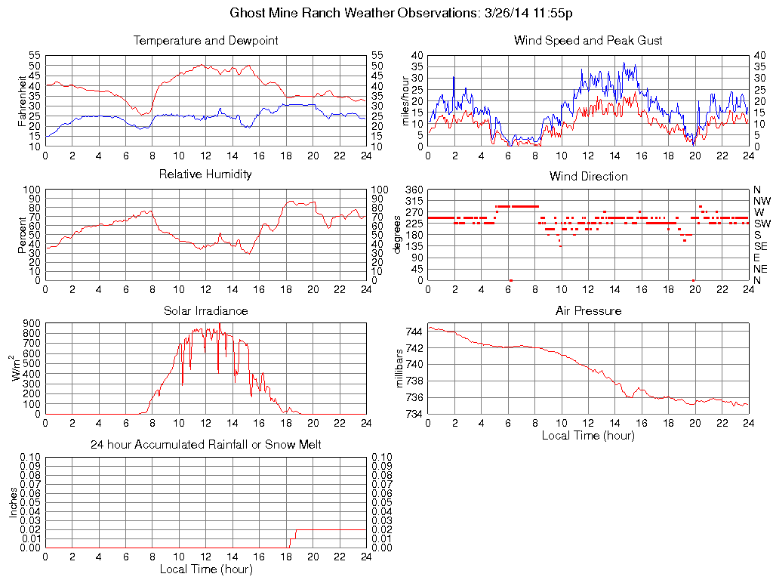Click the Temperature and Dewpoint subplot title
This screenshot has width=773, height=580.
coord(205,40)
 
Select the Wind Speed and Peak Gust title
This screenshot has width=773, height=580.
coord(588,40)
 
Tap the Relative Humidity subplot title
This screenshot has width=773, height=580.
coord(205,174)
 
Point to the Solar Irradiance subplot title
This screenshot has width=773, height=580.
coord(205,310)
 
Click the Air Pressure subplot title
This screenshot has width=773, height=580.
coord(588,310)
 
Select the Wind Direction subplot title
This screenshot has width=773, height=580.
coord(588,176)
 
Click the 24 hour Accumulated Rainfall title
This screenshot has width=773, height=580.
coord(205,445)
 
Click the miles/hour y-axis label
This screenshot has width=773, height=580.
coord(404,100)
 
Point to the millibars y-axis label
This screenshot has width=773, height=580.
coord(401,369)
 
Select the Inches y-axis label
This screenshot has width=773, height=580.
coord(13,502)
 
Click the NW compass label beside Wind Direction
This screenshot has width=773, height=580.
coord(762,201)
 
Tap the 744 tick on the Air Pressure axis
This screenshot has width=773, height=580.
coord(414,332)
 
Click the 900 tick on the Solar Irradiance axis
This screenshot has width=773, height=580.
coord(32,323)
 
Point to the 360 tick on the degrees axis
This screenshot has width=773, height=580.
coord(414,190)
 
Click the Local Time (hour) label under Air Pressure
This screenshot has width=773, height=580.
coord(588,435)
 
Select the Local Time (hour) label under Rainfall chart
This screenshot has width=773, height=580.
coord(205,569)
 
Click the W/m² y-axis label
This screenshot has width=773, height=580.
coord(17,369)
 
